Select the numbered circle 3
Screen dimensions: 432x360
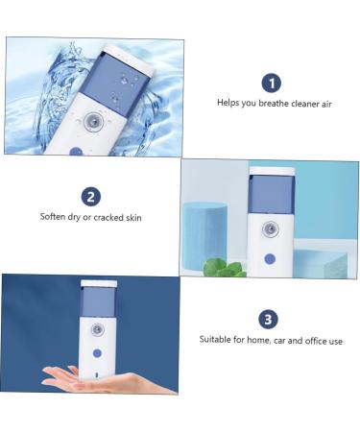click(270, 319)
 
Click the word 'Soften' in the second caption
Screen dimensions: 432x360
click(54, 217)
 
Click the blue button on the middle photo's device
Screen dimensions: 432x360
click(270, 258)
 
